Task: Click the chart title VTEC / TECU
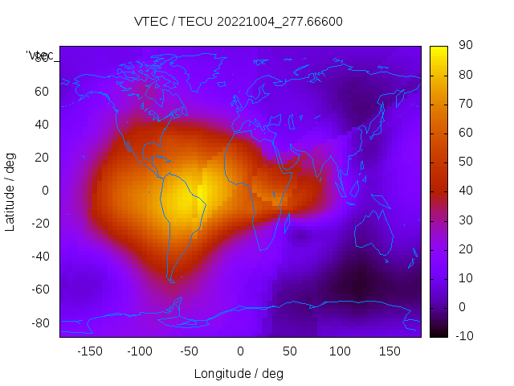pos(186,22)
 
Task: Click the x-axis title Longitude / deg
pos(239,373)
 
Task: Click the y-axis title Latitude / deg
pos(10,191)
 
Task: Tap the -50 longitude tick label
pos(190,351)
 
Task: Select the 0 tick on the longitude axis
pos(239,351)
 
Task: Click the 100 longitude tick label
pos(339,351)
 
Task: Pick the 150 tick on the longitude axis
pos(389,351)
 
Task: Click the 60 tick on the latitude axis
pos(42,92)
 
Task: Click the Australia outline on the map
pos(373,234)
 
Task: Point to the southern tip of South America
pos(171,280)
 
